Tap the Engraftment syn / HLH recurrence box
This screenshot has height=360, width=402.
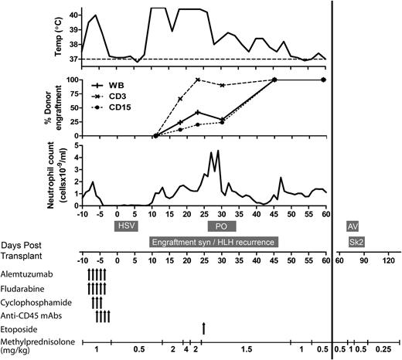pyautogui.click(x=213, y=242)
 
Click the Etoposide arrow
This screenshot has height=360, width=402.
pyautogui.click(x=203, y=328)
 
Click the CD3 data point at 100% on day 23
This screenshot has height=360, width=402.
pyautogui.click(x=198, y=80)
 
